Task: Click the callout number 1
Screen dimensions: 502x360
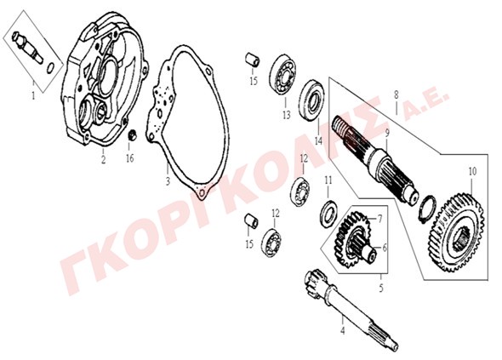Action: click(33, 95)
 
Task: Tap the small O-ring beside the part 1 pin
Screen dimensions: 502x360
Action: click(50, 68)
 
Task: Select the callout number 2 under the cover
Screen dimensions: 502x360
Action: click(103, 159)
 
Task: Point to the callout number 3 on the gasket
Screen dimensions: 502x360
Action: click(168, 181)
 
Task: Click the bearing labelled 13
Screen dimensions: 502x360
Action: click(282, 75)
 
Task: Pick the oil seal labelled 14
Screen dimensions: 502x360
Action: click(312, 100)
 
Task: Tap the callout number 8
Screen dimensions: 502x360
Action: click(396, 94)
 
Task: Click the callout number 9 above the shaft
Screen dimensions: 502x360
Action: click(387, 133)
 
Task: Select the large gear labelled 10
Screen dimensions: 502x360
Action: click(456, 232)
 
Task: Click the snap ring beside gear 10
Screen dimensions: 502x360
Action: click(427, 209)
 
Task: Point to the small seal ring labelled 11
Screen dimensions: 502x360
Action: click(328, 214)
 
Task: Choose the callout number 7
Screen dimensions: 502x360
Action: click(379, 219)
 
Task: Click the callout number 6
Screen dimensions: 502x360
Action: click(385, 248)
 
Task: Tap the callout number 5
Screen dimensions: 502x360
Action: click(381, 289)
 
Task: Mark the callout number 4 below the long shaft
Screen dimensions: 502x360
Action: click(343, 330)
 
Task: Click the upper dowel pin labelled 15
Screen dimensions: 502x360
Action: click(252, 60)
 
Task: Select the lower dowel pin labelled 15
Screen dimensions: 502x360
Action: click(251, 221)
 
